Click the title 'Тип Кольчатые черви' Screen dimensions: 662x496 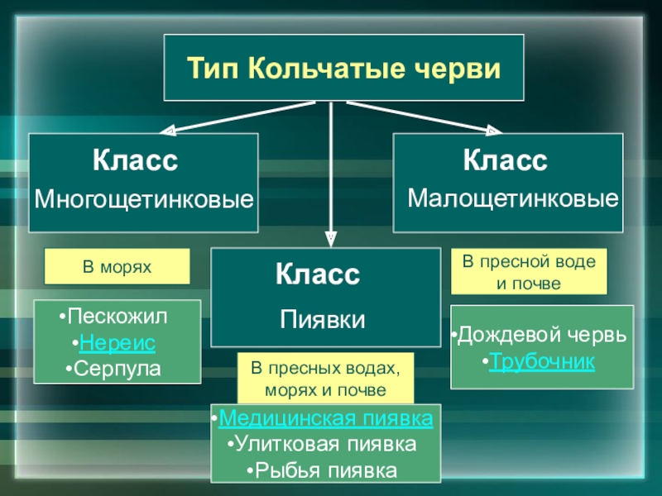pos(343,67)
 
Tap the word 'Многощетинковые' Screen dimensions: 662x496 pos(143,199)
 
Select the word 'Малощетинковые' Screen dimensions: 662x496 pos(513,199)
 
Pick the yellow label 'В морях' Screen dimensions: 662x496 pos(117,266)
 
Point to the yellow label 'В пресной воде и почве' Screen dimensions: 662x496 pos(528,272)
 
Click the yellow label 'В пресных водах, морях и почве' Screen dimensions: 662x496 pos(325,378)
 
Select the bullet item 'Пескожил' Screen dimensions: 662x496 pos(117,317)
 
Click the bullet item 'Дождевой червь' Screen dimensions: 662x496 pos(542,337)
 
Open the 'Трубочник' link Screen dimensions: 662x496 pos(542,362)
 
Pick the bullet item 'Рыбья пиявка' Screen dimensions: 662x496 pos(325,470)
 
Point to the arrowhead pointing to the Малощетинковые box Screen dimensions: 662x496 pos(494,130)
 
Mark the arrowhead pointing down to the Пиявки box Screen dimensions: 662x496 pos(331,238)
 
